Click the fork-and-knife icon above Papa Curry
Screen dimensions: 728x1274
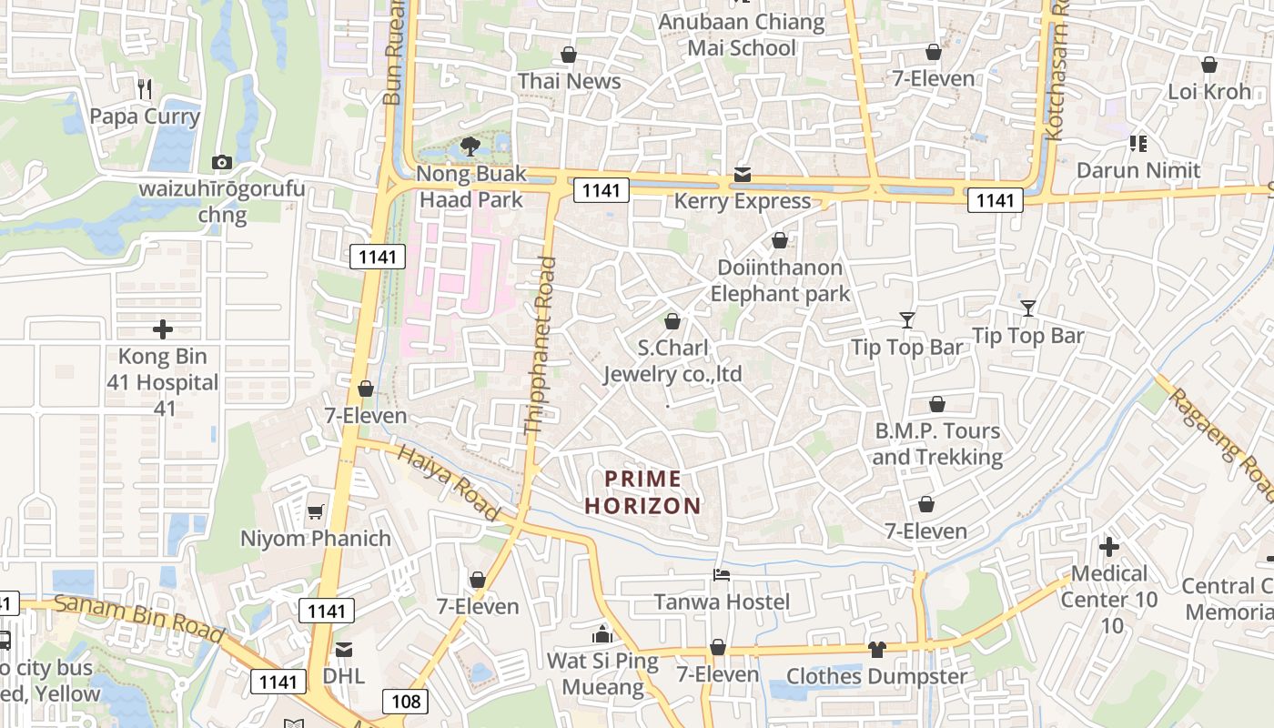(145, 88)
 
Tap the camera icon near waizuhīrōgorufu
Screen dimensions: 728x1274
(221, 162)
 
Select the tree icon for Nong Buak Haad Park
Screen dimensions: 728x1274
(470, 146)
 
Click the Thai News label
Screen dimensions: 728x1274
(570, 81)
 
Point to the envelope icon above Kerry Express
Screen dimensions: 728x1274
(743, 174)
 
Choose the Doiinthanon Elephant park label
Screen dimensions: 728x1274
(780, 280)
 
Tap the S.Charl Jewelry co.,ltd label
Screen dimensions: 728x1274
(673, 361)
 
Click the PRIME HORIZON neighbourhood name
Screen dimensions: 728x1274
(643, 492)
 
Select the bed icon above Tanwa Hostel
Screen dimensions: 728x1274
(721, 575)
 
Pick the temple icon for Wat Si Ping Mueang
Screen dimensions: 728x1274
(602, 634)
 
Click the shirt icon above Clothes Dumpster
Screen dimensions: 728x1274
(876, 649)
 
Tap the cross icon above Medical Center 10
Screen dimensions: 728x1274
(1108, 547)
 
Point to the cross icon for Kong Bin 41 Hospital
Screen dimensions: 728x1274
(163, 329)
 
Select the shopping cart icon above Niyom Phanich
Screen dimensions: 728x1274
(315, 511)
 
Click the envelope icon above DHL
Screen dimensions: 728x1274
(344, 649)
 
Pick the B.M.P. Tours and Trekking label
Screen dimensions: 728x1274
(937, 443)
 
